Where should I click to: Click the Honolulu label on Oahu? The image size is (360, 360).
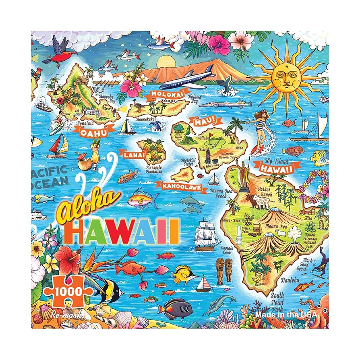coord(86,123)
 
